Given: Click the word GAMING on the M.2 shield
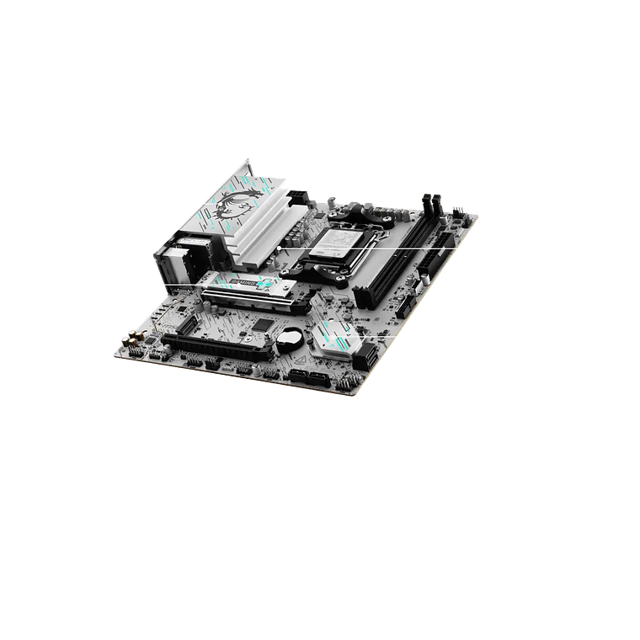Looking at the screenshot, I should click(x=239, y=284).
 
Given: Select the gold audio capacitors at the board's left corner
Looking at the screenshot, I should click(x=131, y=339).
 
